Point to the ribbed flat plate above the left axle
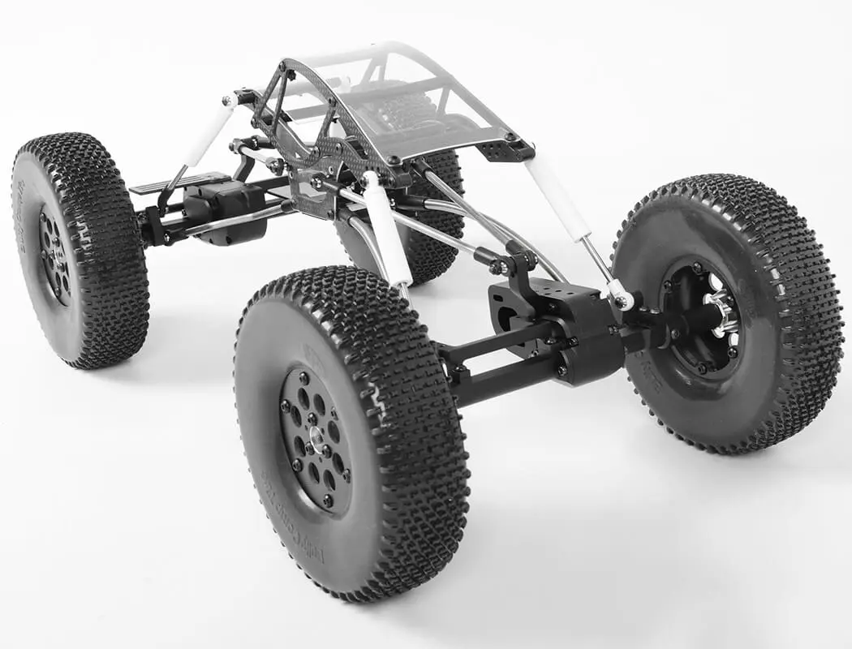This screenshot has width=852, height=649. pyautogui.click(x=174, y=183)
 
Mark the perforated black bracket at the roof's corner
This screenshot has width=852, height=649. pyautogui.click(x=505, y=149)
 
